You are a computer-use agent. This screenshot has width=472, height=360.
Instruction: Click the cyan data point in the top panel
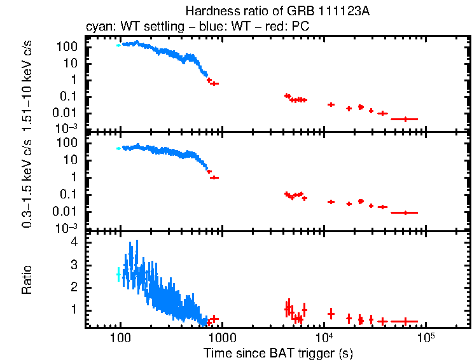point(118,45)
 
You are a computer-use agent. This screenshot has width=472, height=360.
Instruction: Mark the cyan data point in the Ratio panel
point(118,274)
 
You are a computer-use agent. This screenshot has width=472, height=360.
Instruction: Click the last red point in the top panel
point(404,119)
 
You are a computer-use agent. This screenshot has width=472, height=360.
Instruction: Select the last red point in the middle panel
point(405,212)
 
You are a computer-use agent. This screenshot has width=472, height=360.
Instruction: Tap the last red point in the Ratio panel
point(405,321)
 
